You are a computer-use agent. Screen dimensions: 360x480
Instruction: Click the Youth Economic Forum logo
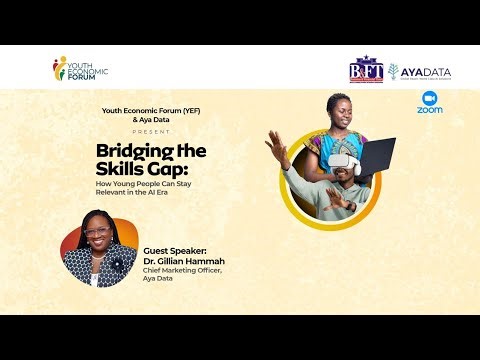click(79, 69)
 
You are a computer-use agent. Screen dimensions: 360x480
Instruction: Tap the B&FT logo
click(366, 71)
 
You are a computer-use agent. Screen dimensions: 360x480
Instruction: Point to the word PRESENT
click(150, 130)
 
